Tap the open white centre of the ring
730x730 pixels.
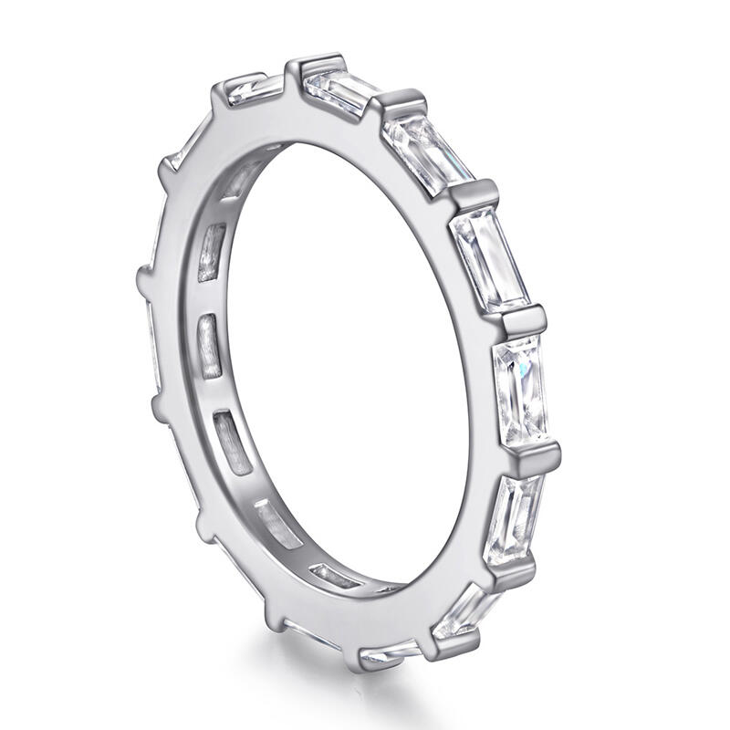click(x=356, y=365)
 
